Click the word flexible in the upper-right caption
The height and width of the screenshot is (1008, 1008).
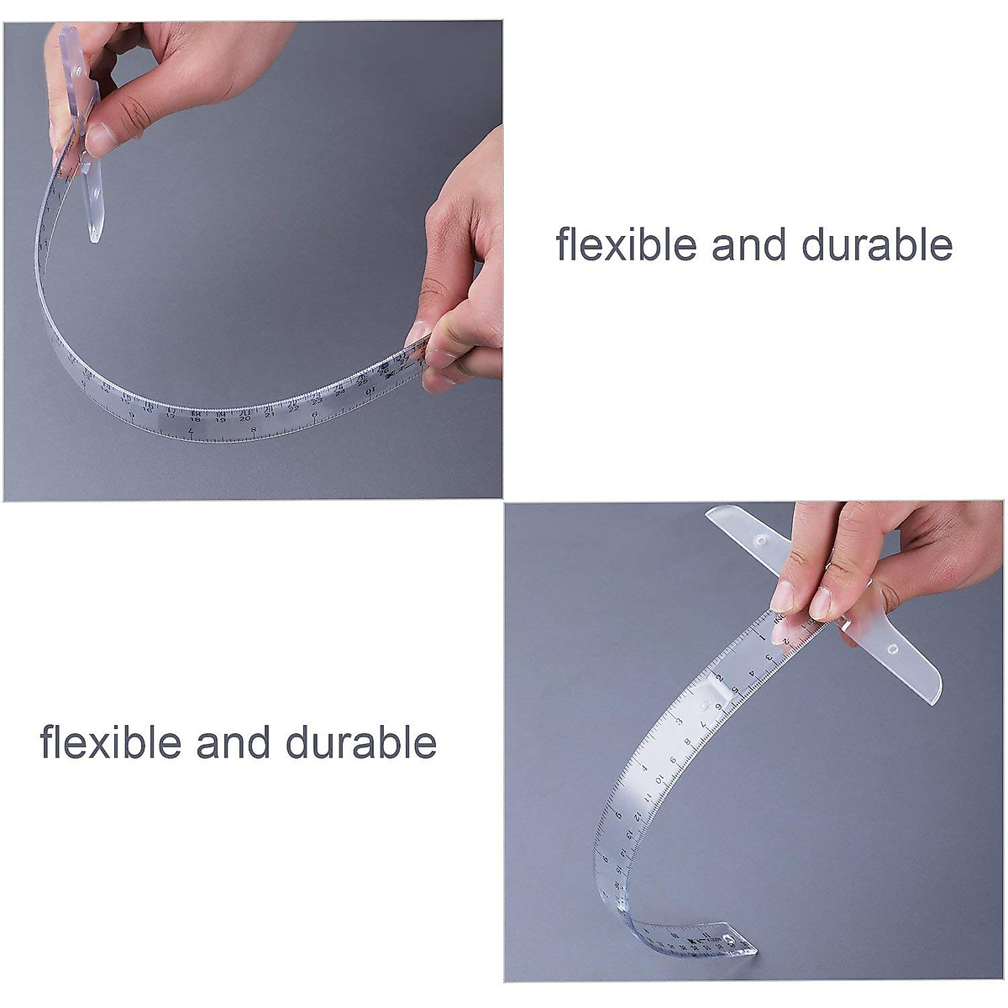[x=626, y=244]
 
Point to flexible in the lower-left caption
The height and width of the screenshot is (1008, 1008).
[x=110, y=743]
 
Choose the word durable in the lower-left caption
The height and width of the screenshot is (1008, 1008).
[x=360, y=743]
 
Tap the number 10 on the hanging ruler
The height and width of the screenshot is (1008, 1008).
[x=659, y=779]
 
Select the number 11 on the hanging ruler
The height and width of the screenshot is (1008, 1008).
[x=648, y=798]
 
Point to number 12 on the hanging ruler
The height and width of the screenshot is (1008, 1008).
[x=638, y=816]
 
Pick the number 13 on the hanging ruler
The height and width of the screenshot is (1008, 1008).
[x=630, y=836]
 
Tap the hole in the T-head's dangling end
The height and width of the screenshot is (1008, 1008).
[x=96, y=193]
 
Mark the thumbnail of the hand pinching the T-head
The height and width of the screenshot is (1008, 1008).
[x=99, y=139]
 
